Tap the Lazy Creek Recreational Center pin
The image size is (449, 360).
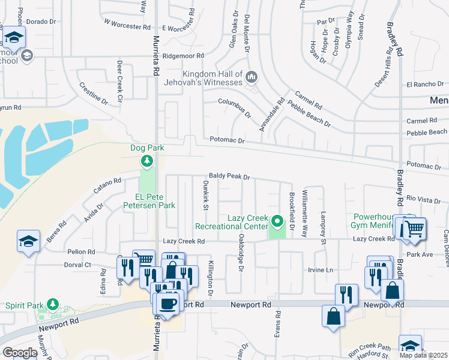(277, 222)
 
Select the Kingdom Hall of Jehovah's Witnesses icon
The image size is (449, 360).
(251, 77)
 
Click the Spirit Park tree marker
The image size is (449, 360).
(52, 305)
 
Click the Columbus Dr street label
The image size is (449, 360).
(235, 107)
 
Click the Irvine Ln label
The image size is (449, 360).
(321, 270)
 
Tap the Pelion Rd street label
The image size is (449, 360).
(82, 252)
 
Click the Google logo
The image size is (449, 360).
(20, 352)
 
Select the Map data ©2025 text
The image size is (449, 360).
(423, 355)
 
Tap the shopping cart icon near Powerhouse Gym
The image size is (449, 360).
(413, 229)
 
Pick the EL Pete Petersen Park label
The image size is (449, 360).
(146, 201)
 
